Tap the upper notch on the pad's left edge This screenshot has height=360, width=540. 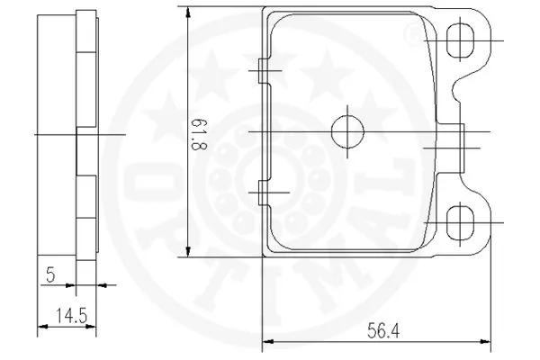click(262, 72)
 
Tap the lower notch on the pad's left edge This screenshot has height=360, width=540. click(262, 193)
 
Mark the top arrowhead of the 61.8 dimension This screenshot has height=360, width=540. click(186, 13)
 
